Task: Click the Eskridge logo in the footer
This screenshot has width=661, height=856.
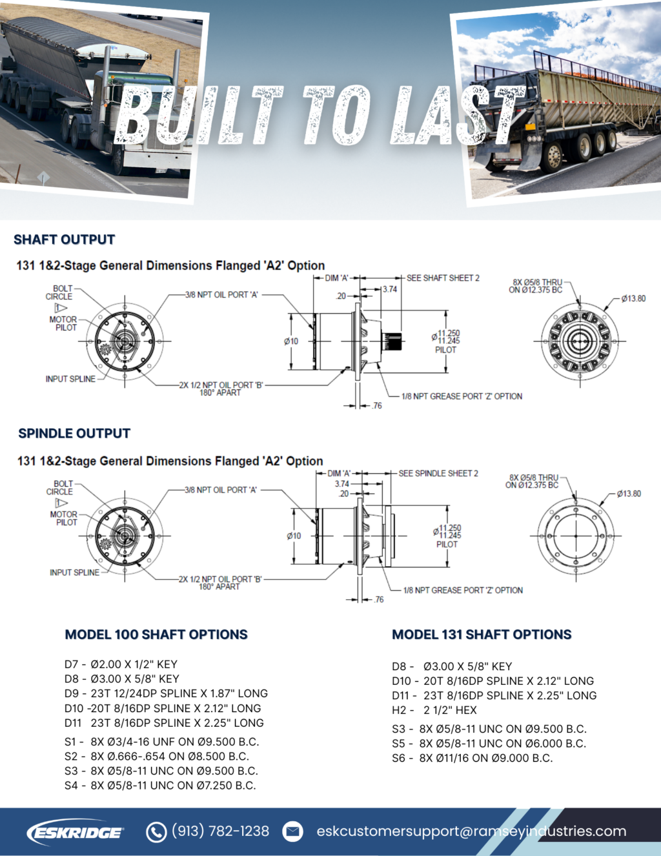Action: click(x=75, y=832)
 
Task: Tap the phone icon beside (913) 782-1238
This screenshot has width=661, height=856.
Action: click(x=156, y=832)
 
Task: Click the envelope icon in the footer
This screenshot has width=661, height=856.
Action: click(x=293, y=831)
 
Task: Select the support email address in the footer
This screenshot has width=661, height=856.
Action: click(x=471, y=831)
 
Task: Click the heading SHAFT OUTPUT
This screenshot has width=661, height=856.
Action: click(x=64, y=239)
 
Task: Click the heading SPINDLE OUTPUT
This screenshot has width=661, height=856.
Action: click(x=74, y=433)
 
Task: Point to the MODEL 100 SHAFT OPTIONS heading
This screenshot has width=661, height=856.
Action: click(x=156, y=635)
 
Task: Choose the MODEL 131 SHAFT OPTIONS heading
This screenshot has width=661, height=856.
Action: click(x=482, y=635)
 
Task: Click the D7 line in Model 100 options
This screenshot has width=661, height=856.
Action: click(x=121, y=664)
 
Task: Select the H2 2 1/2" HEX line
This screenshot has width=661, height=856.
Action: click(x=434, y=710)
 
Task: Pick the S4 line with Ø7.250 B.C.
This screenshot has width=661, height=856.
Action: click(x=160, y=786)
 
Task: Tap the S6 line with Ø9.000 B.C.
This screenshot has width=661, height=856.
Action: click(x=472, y=758)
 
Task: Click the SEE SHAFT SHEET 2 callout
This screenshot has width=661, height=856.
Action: click(x=443, y=278)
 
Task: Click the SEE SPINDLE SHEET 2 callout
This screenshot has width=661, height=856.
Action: click(x=438, y=473)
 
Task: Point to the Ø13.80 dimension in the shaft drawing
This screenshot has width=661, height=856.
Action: click(x=633, y=298)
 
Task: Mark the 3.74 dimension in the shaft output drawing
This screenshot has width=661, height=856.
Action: click(x=390, y=289)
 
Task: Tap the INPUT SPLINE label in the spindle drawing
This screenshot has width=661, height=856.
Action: click(x=74, y=573)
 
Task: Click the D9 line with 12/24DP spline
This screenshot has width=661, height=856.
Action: click(x=166, y=693)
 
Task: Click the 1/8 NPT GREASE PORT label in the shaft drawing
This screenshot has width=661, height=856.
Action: click(x=462, y=396)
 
